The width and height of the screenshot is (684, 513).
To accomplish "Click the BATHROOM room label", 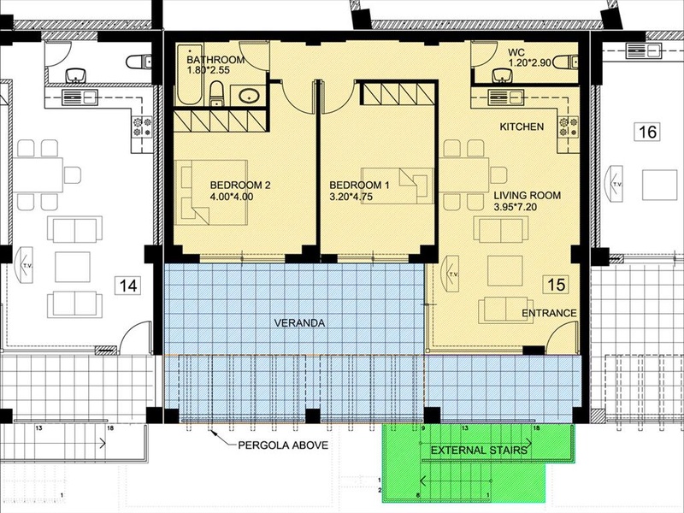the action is click(215, 60).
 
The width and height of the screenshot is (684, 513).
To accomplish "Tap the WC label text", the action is click(516, 53).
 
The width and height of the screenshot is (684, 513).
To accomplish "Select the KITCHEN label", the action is click(522, 127).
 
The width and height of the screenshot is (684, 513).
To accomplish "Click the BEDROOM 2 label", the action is click(240, 185).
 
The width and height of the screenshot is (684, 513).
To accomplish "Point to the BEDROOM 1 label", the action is click(359, 185).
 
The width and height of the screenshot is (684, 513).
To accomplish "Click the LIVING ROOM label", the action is click(528, 196).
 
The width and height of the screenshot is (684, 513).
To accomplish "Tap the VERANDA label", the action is click(300, 323).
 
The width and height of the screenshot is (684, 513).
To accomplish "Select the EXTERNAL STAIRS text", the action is click(479, 451).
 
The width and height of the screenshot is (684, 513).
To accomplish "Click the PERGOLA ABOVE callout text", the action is click(283, 445).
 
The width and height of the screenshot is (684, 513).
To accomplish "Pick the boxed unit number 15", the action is click(557, 285).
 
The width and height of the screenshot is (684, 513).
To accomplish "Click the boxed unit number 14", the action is click(128, 286).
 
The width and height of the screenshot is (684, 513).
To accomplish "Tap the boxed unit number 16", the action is click(647, 132).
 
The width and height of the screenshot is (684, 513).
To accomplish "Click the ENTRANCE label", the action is click(549, 313).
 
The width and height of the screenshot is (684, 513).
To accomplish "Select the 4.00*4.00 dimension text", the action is click(232, 197).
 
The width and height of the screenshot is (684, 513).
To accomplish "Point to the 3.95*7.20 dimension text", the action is click(516, 207).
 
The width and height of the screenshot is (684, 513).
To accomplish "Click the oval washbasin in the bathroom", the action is click(249, 96).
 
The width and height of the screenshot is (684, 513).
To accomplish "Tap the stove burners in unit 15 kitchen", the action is click(569, 127).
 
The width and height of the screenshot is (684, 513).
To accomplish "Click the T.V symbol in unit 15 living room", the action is click(451, 274).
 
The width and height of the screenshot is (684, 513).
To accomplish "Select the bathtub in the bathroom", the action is click(189, 74).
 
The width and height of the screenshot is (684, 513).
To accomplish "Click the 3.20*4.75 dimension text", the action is click(351, 197).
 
